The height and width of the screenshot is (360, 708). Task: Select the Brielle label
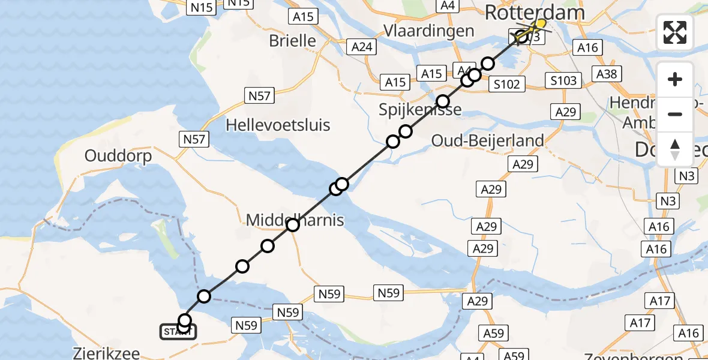click(293, 41)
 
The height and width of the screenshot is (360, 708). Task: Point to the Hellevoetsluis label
click(278, 125)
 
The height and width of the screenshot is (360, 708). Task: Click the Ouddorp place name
click(118, 156)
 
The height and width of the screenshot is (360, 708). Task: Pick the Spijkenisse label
click(421, 109)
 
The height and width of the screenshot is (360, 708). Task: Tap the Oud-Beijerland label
click(488, 140)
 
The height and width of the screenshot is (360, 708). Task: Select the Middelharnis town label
click(295, 220)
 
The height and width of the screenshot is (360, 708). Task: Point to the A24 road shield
click(362, 47)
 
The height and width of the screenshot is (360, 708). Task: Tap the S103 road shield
click(564, 80)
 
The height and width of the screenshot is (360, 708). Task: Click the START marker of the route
click(178, 331)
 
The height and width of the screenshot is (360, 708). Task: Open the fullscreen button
click(675, 32)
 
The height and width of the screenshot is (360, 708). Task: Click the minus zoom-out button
click(675, 114)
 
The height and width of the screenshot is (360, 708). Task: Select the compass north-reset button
click(675, 149)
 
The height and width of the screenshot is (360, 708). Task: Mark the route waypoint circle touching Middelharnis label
click(292, 225)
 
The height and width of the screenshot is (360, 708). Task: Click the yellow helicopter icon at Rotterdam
click(538, 24)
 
